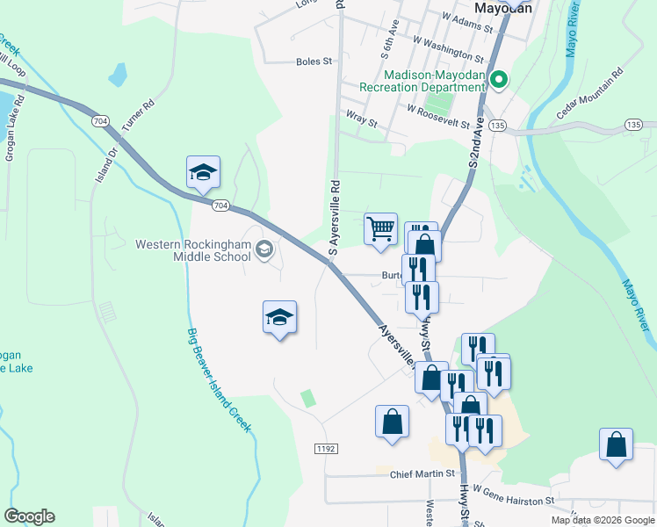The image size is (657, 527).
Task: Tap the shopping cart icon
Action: (x=380, y=229)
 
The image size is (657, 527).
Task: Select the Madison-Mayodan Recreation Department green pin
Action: (x=499, y=82)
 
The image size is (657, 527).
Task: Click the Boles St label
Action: (x=314, y=61)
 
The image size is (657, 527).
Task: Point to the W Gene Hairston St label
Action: (x=514, y=496)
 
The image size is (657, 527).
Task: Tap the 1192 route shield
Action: (x=325, y=449)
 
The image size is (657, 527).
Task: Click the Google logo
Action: (x=29, y=516)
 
